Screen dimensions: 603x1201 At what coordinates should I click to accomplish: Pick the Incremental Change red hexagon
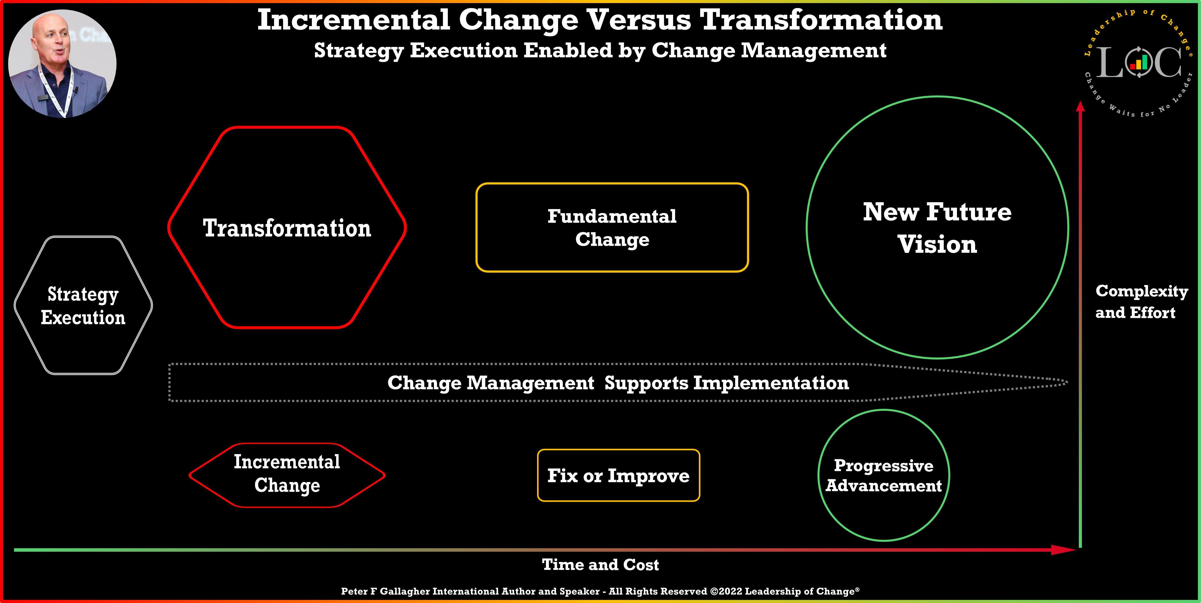(x=287, y=474)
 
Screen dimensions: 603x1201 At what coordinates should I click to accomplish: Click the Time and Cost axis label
(x=600, y=565)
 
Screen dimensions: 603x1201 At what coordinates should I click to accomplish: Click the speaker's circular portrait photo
(x=63, y=64)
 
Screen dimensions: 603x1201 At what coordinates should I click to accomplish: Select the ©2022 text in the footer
(x=726, y=591)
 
